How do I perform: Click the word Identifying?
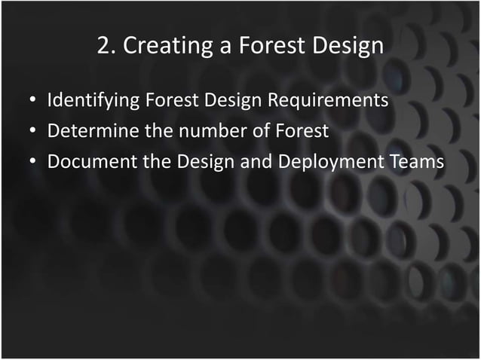pyautogui.click(x=92, y=100)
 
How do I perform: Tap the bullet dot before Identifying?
pyautogui.click(x=33, y=101)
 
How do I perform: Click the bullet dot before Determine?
pyautogui.click(x=33, y=132)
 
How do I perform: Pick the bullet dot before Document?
pyautogui.click(x=33, y=163)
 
